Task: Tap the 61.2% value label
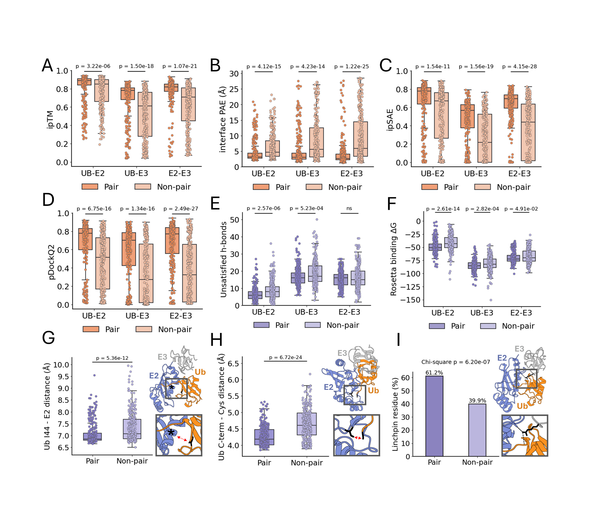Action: coord(434,373)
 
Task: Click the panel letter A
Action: coord(47,66)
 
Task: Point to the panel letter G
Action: coord(48,338)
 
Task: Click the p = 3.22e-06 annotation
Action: coord(93,66)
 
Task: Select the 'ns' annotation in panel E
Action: coord(349,208)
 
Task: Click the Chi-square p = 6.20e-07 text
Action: coord(455,362)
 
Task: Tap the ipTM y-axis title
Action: coord(50,120)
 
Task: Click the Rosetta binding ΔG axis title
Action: coord(393,259)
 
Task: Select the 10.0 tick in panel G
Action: coord(61,365)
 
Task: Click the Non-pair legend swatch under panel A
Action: coord(143,187)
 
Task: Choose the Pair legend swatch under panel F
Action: coord(437,326)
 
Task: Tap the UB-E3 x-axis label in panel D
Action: coord(137,316)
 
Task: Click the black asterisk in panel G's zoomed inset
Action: coord(171,433)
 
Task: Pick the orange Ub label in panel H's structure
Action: coord(373,391)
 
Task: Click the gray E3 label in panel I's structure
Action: coord(519,349)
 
